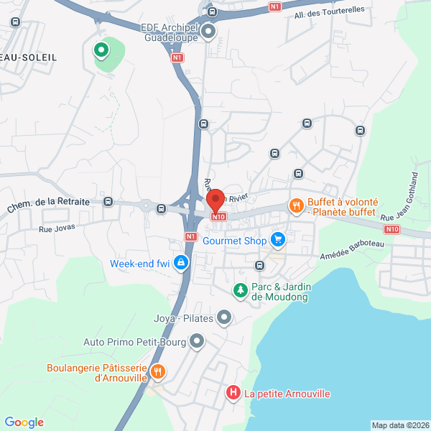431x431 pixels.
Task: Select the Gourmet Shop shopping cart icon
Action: [x=278, y=239]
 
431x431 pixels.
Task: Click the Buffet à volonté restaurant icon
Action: [x=296, y=206]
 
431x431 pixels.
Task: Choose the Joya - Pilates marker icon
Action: [x=224, y=316]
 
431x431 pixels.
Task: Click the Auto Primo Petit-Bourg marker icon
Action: [x=197, y=342]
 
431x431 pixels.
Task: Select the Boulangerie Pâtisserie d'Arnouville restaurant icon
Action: [x=158, y=372]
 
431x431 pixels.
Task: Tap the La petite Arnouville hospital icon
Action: [x=233, y=393]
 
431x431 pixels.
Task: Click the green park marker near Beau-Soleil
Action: [x=101, y=50]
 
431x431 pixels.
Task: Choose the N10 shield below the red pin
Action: [x=219, y=216]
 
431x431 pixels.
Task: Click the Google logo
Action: [x=24, y=422]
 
